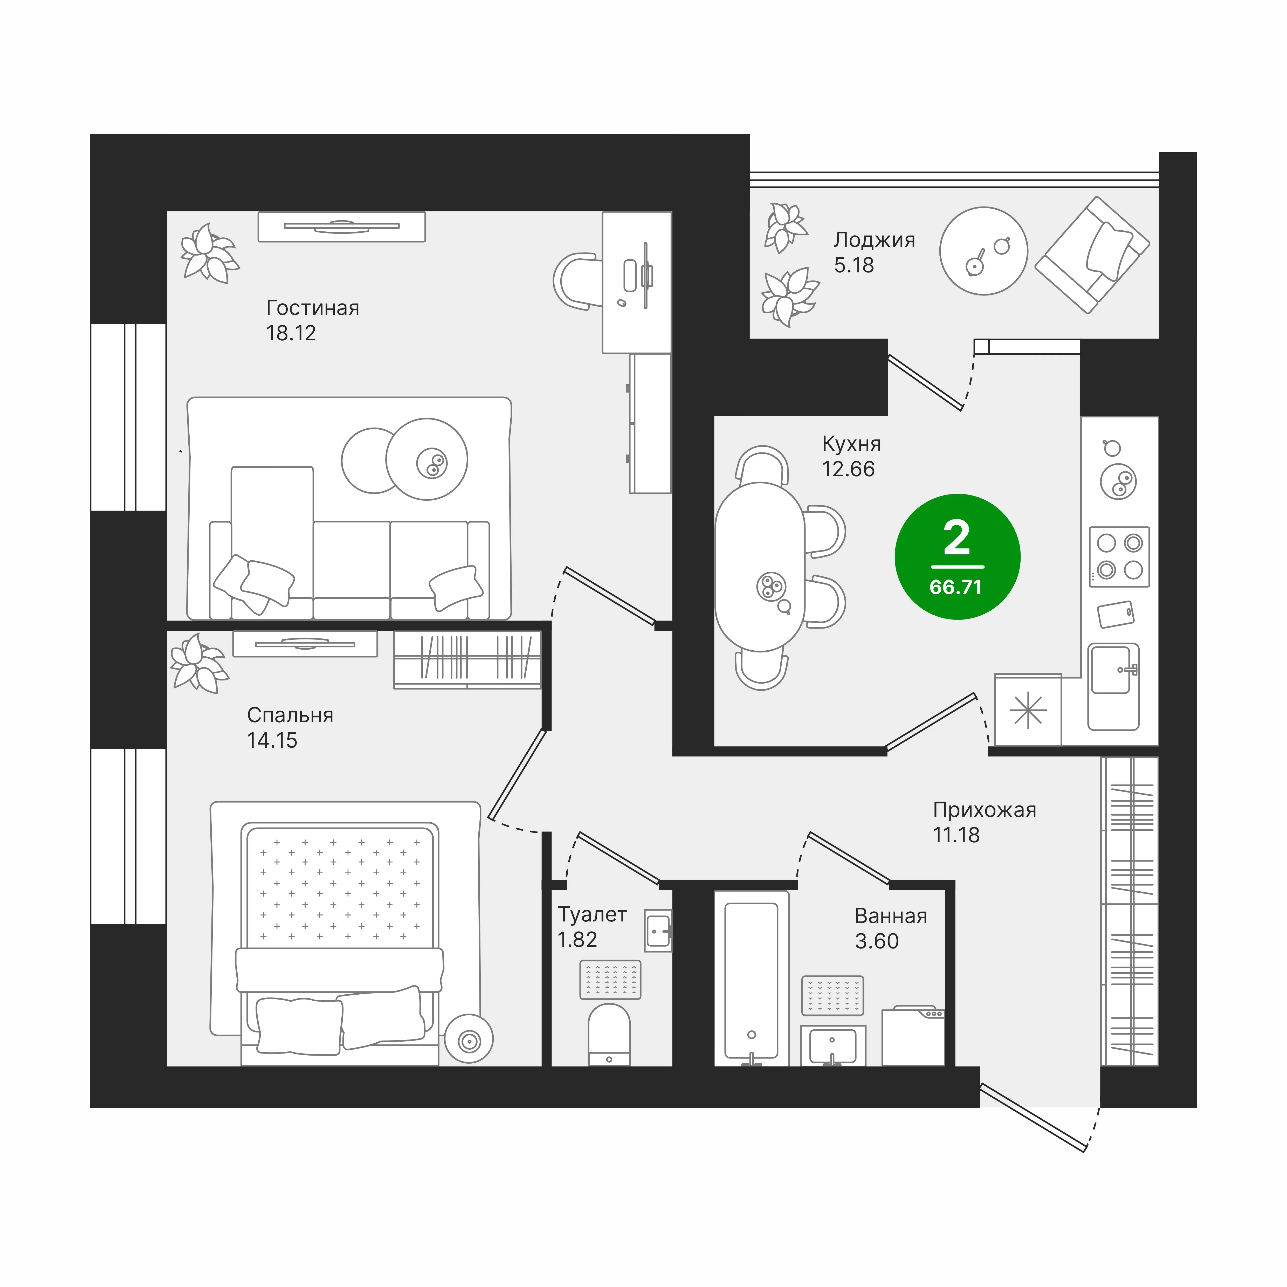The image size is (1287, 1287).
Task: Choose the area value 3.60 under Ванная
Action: click(x=877, y=941)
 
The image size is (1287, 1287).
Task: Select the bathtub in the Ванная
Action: click(x=751, y=979)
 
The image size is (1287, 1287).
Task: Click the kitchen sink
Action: click(x=1113, y=686)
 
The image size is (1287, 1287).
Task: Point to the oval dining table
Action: click(x=760, y=567)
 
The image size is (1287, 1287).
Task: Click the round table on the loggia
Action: click(x=983, y=251)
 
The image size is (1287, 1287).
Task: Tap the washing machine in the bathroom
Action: click(x=913, y=1037)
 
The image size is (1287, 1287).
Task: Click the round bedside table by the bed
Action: click(x=469, y=1038)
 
